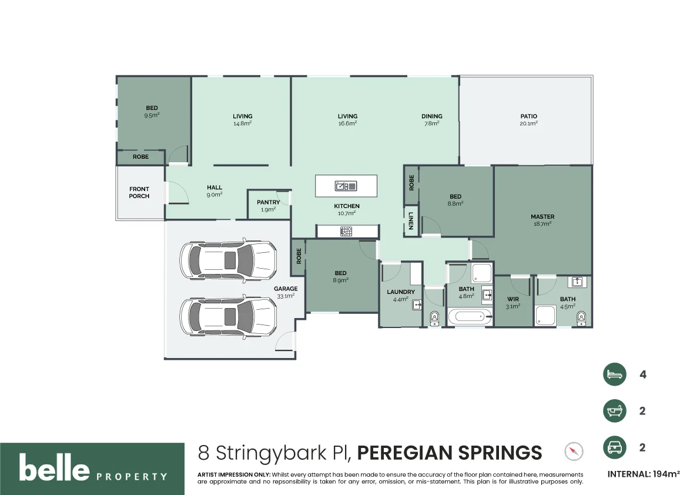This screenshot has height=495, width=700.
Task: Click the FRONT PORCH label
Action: (139, 193)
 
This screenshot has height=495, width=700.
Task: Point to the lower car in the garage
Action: (228, 316)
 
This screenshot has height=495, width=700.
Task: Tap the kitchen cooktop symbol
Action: (346, 232)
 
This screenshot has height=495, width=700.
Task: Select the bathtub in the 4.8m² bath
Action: (469, 318)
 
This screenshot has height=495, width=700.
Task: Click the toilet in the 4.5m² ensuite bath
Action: (581, 318)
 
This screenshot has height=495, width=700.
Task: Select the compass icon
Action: (574, 451)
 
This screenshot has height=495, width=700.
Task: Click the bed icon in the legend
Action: (614, 374)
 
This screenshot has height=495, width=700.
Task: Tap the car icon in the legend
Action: (614, 447)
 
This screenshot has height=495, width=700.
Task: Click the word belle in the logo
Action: (54, 469)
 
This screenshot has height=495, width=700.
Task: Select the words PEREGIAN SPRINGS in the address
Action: (450, 453)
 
